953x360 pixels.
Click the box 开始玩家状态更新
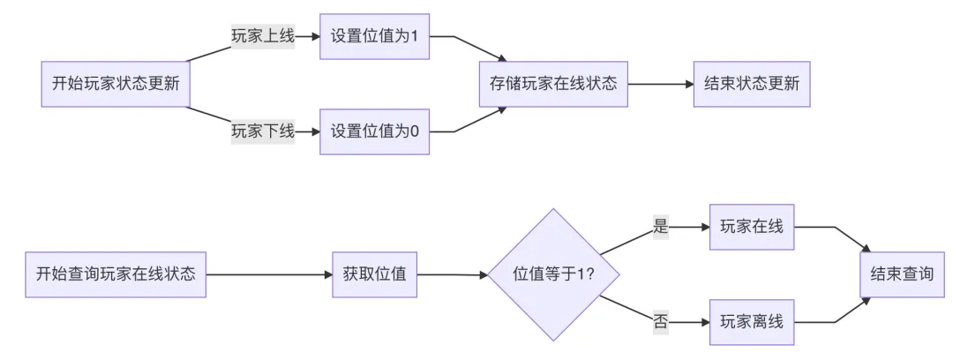point(116,85)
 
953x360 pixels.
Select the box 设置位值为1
point(375,37)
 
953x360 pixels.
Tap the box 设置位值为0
point(375,132)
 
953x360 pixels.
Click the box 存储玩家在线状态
point(553,85)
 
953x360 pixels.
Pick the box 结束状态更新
point(752,85)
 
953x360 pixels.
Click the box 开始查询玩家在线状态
point(116,274)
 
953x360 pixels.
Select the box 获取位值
point(375,274)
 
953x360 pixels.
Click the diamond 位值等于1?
point(553,274)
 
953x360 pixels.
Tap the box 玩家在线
point(752,227)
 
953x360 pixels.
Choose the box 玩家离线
point(752,321)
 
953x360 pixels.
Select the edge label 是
point(661,227)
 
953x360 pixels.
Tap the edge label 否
point(661,321)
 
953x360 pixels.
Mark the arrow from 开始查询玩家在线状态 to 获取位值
point(269,274)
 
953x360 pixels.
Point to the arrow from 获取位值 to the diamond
point(452,274)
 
